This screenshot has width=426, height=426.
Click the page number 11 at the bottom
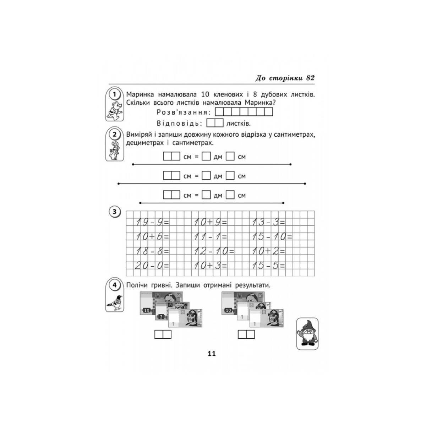(212, 354)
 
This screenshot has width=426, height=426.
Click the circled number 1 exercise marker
(114, 95)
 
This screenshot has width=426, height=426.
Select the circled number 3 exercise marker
(114, 212)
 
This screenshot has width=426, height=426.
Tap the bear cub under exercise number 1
(115, 111)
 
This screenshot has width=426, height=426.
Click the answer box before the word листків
(215, 123)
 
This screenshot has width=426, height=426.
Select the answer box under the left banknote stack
(163, 334)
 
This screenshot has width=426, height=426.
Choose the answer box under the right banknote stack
(246, 334)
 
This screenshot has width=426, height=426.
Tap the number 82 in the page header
(310, 78)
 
